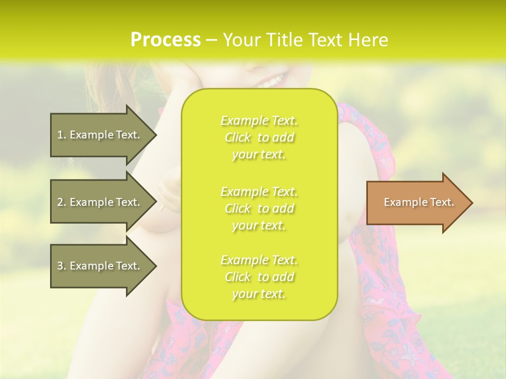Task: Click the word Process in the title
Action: point(166,40)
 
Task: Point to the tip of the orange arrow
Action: point(472,203)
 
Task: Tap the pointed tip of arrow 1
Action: point(156,135)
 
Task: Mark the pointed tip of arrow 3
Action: point(156,266)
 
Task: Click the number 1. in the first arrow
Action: point(61,135)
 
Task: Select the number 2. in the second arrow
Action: point(61,202)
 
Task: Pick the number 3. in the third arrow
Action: point(61,266)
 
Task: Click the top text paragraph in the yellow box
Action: point(259,137)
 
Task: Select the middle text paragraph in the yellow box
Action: point(259,208)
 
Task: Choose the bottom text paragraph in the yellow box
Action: point(259,277)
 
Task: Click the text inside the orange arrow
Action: point(419,202)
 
